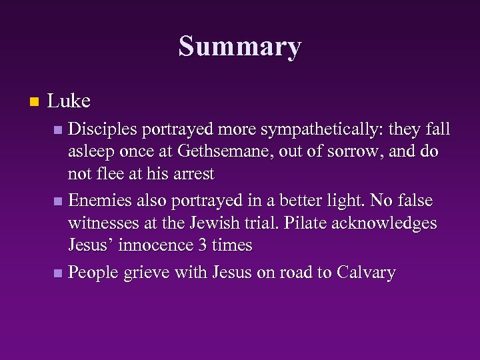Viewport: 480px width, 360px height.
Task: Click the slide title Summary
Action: coord(240,47)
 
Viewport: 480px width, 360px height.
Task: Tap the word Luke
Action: coord(69,101)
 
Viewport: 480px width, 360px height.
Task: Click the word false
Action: coord(411,201)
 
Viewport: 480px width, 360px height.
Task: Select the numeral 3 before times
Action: coord(203,245)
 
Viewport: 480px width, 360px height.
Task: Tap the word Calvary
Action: coord(367,273)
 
